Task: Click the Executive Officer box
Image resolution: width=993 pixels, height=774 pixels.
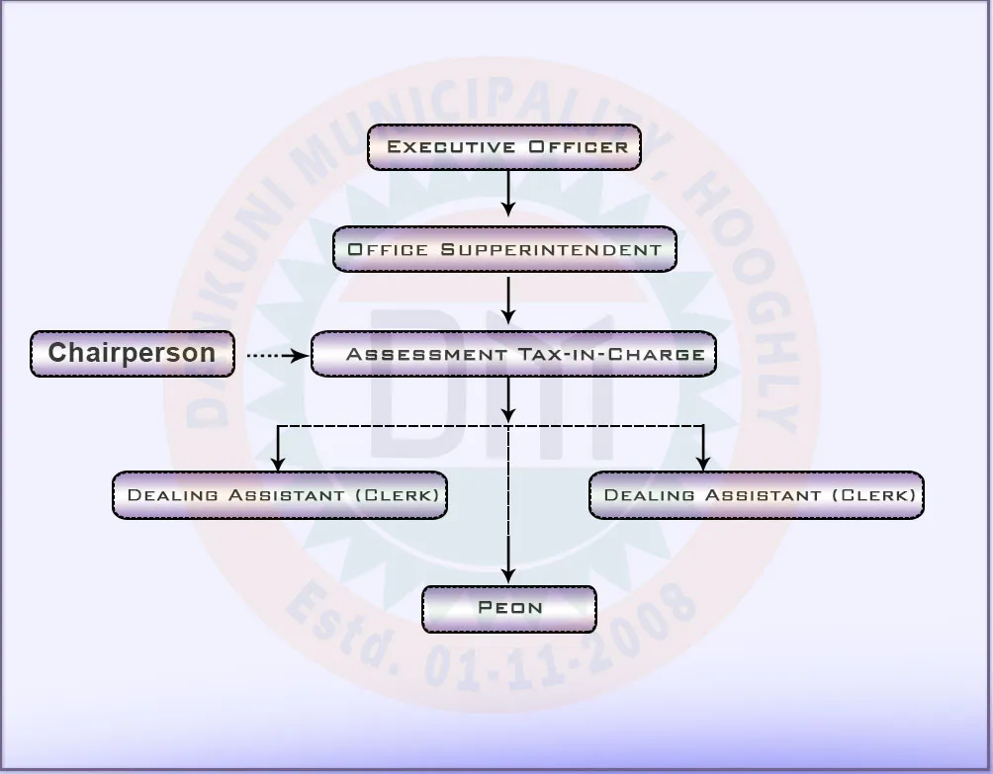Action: coord(504,147)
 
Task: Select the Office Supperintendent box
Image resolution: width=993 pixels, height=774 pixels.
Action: coord(504,249)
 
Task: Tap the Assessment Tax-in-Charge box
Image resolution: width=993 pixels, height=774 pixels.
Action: coord(513,354)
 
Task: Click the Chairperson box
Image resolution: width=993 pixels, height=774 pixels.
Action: coord(133,354)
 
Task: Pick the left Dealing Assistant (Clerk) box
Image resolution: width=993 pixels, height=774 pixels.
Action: coord(280,495)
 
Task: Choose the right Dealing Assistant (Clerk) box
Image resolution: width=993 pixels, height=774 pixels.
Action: coord(757,495)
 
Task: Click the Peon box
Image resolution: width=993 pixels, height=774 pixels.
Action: coord(509,609)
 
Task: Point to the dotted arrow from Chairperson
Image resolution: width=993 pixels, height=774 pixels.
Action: coord(275,355)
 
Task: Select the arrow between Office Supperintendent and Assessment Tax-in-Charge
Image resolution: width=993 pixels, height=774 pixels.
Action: coord(508,300)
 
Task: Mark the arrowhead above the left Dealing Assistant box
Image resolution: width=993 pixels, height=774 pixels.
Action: coord(279,462)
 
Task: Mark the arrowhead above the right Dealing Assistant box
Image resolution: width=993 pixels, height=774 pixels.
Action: coord(703,462)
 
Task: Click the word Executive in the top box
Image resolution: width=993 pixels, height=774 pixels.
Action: coord(451,147)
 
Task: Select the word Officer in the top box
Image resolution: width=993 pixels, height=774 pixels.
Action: coord(578,147)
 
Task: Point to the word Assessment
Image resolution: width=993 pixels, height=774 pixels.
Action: coord(425,354)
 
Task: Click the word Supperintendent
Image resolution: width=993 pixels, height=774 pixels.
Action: coord(551,250)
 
